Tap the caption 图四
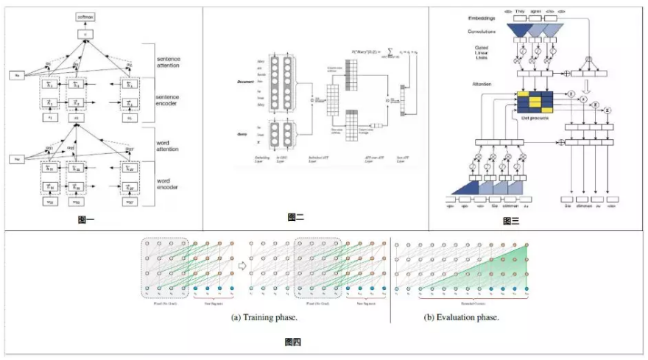[292, 342]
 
